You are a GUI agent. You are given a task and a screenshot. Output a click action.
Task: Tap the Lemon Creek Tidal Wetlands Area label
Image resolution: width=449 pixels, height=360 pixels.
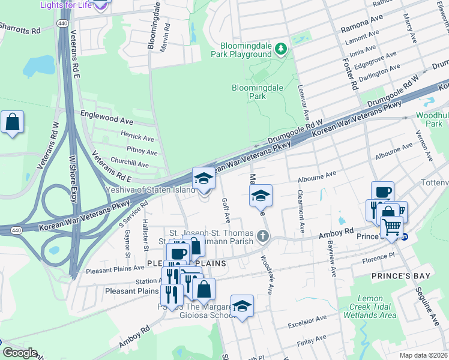click(x=368, y=307)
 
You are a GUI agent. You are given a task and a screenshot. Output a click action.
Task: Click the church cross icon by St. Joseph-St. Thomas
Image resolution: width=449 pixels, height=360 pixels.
click(x=262, y=236)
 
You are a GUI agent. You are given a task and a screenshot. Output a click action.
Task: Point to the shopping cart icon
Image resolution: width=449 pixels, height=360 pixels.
click(x=391, y=227)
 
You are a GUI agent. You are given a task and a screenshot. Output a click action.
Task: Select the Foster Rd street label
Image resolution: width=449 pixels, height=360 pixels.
click(x=351, y=70)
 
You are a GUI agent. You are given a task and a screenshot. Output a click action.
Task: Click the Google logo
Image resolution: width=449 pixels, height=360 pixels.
click(x=19, y=353)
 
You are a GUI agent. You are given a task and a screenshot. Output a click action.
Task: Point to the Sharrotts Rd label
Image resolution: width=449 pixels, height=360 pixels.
click(x=20, y=28)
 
